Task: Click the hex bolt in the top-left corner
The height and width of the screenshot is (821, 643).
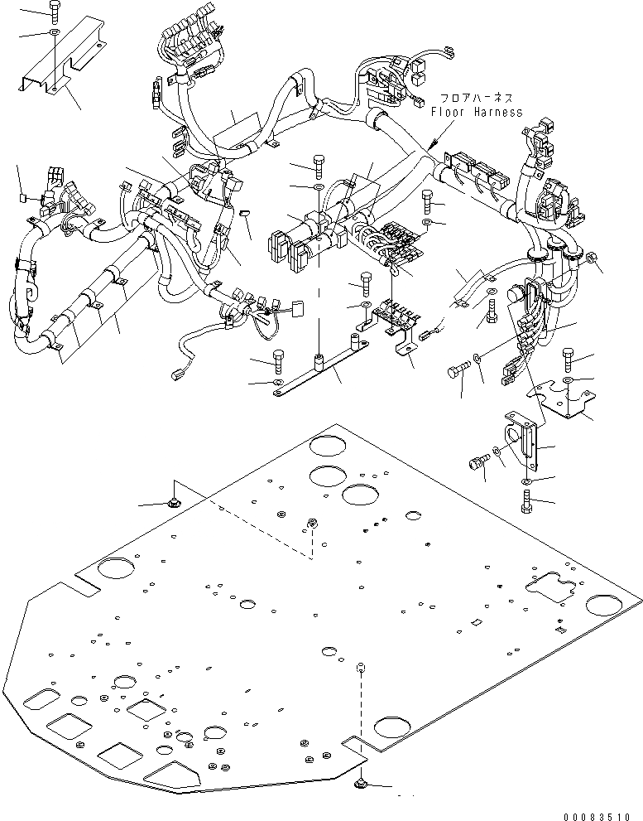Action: pyautogui.click(x=54, y=12)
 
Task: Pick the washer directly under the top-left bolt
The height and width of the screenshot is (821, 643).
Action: pyautogui.click(x=54, y=32)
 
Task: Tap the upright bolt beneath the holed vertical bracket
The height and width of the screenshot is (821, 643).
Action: pyautogui.click(x=527, y=501)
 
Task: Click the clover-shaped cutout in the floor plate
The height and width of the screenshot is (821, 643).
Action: pyautogui.click(x=550, y=591)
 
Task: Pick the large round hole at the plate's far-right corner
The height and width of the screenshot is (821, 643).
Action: pyautogui.click(x=607, y=606)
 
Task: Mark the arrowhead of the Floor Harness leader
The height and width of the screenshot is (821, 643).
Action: pyautogui.click(x=430, y=148)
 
